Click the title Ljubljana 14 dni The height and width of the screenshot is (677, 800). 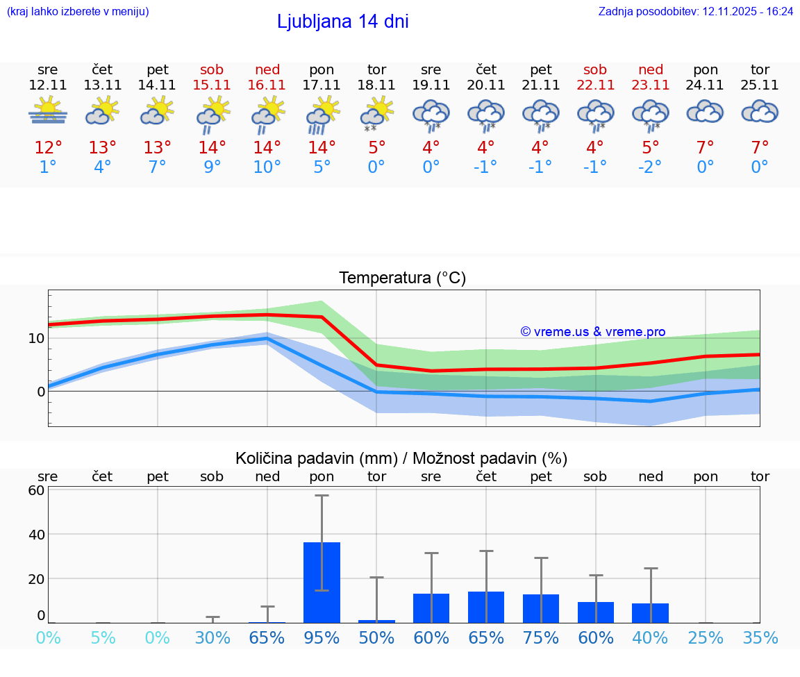point(342,22)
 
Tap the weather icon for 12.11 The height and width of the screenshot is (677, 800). point(48,111)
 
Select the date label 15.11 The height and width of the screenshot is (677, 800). point(212,85)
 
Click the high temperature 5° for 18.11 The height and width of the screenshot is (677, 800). point(376,148)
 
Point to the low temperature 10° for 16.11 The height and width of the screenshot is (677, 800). point(267,167)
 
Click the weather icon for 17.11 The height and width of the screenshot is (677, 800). point(322,113)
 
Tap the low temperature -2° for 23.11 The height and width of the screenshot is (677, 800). point(651,167)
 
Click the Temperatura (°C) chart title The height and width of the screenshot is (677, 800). point(402,278)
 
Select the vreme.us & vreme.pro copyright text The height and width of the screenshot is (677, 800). point(592,332)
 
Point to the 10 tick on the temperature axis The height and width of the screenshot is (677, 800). point(36,338)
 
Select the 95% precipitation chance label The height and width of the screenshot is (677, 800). point(322,637)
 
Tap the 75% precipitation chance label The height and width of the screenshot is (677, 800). point(540,637)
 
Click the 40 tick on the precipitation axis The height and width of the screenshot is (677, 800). point(36,534)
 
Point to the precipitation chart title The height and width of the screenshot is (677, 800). point(401,458)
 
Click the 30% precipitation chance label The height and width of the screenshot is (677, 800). point(212,637)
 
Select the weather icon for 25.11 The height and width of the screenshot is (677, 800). point(760,112)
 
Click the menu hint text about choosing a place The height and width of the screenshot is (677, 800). point(78,12)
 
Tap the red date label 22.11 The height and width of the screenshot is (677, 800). point(595,85)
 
